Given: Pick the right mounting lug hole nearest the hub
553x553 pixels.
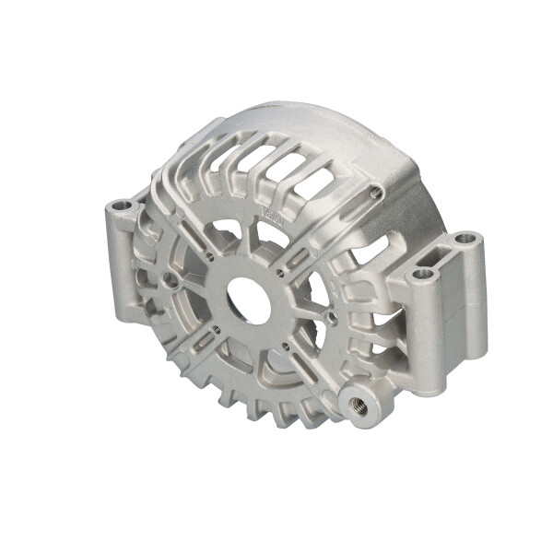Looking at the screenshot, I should click(423, 274).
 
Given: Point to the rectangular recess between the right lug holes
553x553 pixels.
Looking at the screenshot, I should click(445, 255).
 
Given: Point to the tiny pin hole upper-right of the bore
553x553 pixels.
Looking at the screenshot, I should click(279, 271).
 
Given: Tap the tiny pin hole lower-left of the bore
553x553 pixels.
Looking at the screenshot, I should click(214, 328).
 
